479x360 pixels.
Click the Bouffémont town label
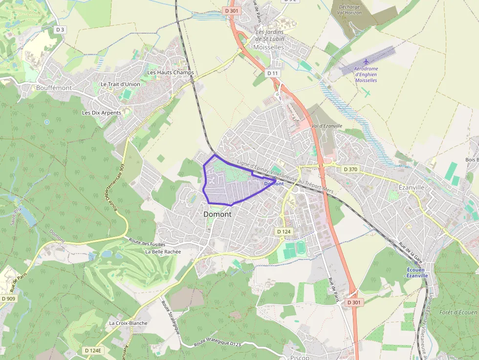point(54,88)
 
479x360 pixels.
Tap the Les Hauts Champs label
point(171,72)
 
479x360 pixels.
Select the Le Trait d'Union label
point(120,84)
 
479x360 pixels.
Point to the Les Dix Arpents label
point(101,113)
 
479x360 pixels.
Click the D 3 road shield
point(60,30)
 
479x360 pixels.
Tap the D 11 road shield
point(273,73)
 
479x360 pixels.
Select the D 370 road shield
point(351,169)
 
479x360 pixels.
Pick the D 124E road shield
point(92,350)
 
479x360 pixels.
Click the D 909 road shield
point(9,298)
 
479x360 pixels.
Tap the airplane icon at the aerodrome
point(367,62)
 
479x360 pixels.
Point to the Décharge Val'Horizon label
point(349,9)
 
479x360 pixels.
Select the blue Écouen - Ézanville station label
point(417,273)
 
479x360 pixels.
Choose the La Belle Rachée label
point(163,252)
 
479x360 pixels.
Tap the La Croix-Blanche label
point(128,323)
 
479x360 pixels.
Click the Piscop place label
point(300,357)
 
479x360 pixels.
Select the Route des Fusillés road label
point(147,241)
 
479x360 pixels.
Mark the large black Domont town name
point(218,214)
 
